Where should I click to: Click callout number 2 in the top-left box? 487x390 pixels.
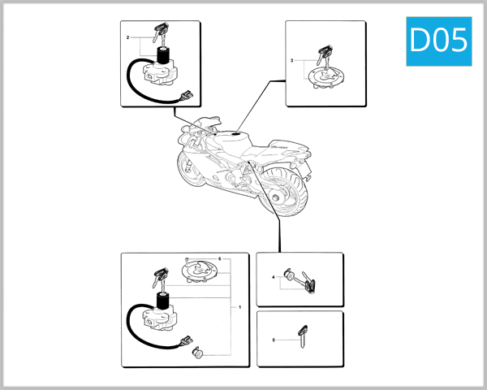click(x=127, y=38)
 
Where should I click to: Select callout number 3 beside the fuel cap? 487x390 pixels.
click(x=292, y=62)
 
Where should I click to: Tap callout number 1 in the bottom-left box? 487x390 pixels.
click(x=239, y=308)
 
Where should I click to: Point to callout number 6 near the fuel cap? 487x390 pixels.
click(x=219, y=258)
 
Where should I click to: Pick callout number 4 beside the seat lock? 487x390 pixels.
click(x=274, y=279)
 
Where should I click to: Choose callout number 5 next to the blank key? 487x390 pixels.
click(x=274, y=340)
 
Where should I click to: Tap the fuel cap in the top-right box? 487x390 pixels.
click(x=324, y=77)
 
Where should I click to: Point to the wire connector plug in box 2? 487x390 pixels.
click(x=189, y=97)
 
